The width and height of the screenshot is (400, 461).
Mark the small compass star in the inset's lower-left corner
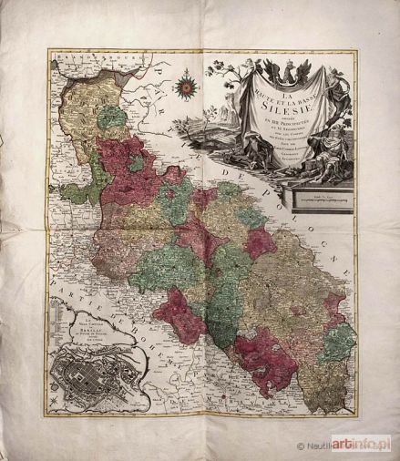click(55, 400)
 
